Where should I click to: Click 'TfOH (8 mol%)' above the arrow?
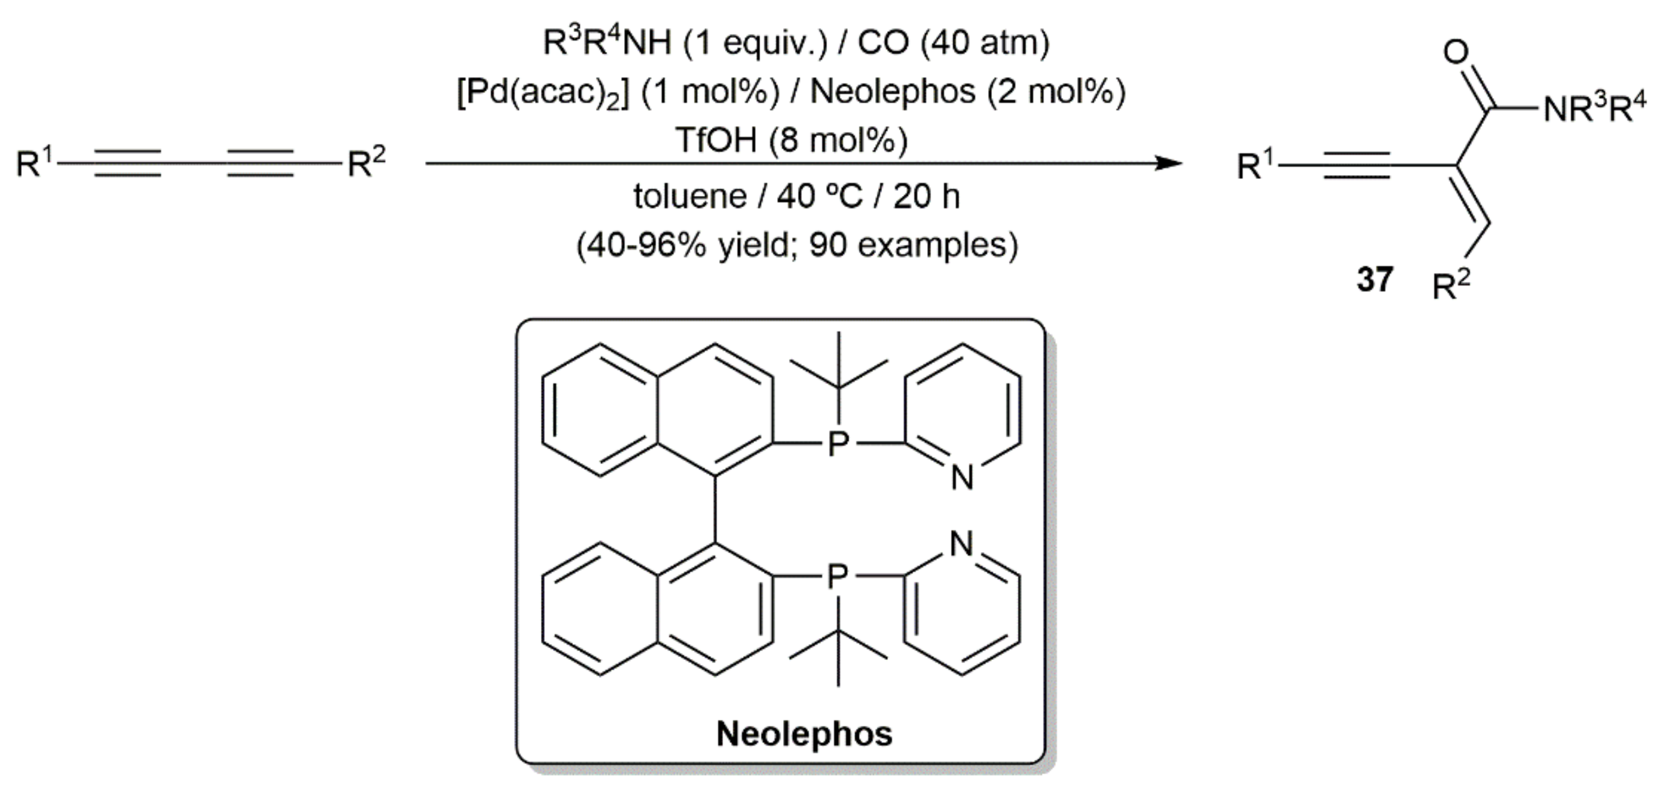click(791, 140)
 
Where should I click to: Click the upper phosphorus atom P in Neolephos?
click(838, 443)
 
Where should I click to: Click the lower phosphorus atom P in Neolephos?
click(838, 575)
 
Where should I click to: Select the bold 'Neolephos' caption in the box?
click(804, 734)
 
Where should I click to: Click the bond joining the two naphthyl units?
click(715, 510)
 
